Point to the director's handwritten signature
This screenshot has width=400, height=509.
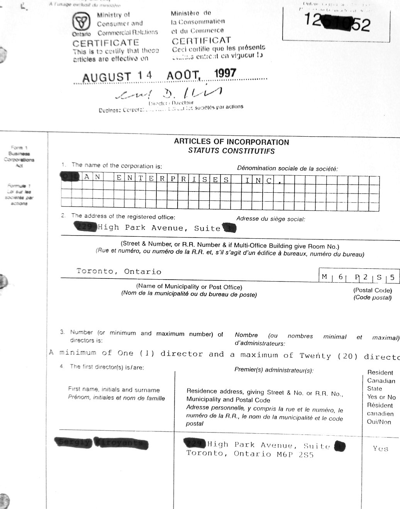[x=170, y=93]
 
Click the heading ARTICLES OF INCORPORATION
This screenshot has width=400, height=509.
[x=231, y=142]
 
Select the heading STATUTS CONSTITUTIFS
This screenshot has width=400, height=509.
[x=231, y=151]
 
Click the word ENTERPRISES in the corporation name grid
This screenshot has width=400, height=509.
[x=173, y=179]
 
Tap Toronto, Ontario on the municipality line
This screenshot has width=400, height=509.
[x=119, y=271]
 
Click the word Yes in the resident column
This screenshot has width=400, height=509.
[x=380, y=448]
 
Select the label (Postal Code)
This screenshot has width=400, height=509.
[x=372, y=290]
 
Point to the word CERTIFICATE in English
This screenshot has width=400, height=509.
[x=105, y=43]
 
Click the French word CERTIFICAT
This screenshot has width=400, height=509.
[x=201, y=41]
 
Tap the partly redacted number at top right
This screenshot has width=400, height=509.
[x=337, y=22]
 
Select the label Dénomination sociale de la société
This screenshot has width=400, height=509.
[x=287, y=168]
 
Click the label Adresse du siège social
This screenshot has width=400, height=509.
[x=270, y=219]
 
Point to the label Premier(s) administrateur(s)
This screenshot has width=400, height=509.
[x=274, y=370]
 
